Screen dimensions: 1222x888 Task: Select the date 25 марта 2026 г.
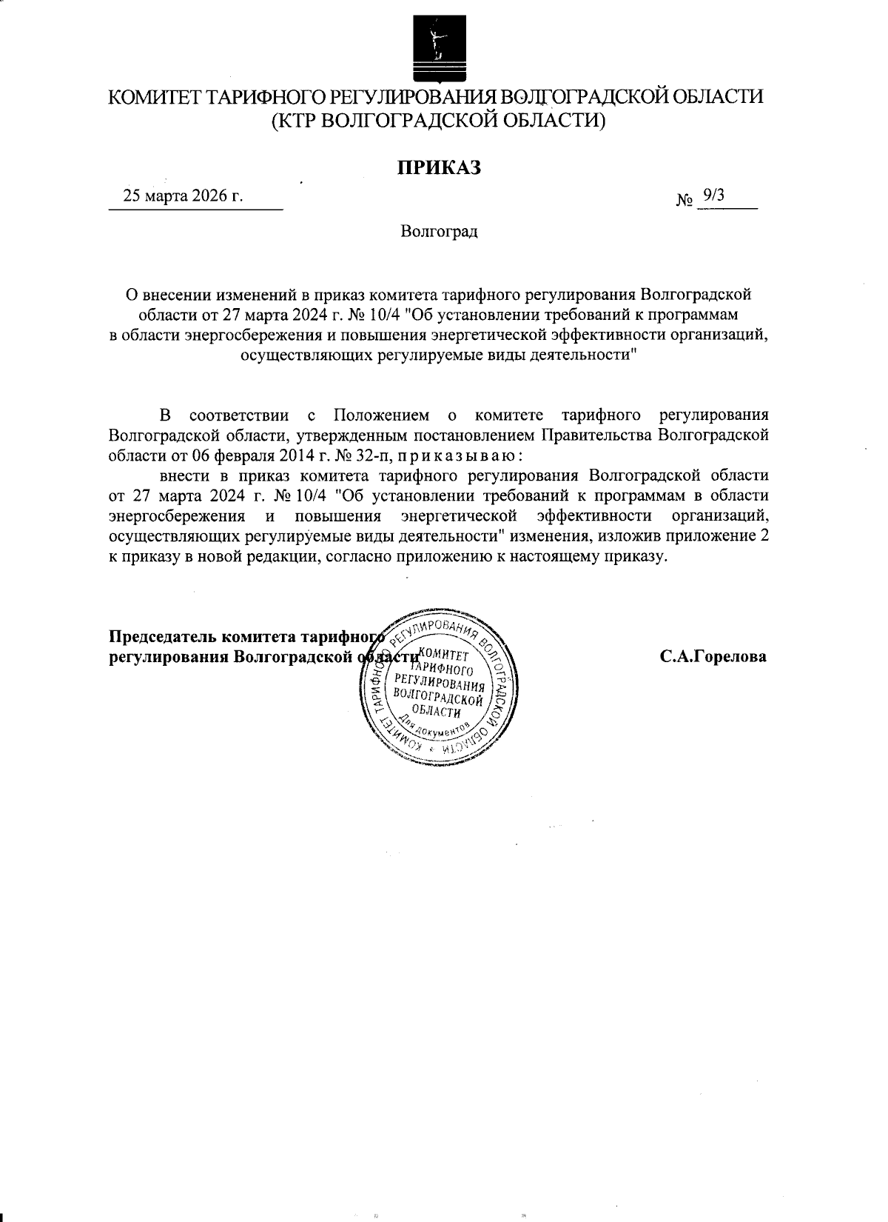click(184, 196)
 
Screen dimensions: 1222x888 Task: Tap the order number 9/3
click(714, 195)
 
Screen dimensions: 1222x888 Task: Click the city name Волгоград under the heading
click(440, 232)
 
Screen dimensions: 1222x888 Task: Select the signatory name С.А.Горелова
click(713, 656)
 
